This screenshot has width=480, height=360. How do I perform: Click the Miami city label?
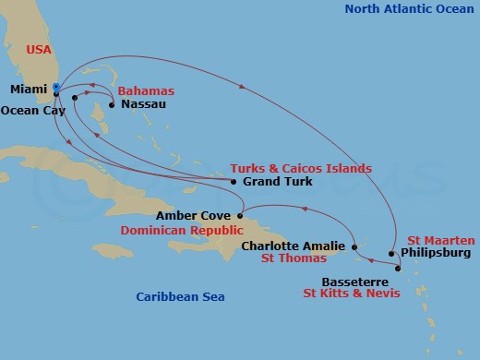30,90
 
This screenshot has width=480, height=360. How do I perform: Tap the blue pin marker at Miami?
56,90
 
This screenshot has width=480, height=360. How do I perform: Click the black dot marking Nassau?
111,104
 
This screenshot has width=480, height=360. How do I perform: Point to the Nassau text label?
142,104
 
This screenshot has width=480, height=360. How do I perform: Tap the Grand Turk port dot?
234,182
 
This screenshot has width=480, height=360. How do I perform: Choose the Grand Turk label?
277,182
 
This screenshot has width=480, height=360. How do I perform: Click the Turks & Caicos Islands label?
300,168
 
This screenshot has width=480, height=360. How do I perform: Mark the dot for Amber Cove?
240,216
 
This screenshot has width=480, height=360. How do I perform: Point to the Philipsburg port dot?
391,253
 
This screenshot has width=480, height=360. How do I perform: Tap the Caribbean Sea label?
180,296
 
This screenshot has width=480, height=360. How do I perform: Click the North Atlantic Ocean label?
408,9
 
